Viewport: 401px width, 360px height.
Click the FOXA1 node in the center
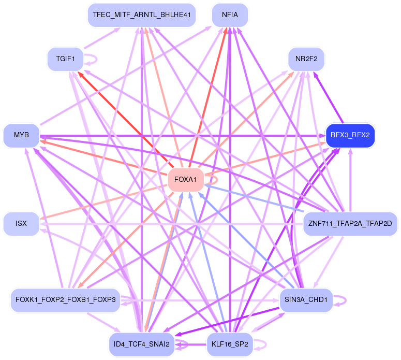pos(185,180)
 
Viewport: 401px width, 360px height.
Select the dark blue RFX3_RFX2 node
pos(350,136)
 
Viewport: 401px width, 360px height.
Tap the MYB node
pos(21,135)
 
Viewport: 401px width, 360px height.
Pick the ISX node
pos(21,224)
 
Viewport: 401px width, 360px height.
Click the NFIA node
pos(230,15)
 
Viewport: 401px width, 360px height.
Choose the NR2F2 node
pos(306,59)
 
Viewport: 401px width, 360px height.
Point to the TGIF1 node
pos(65,59)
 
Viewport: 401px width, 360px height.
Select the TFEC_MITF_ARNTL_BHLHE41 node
pos(141,15)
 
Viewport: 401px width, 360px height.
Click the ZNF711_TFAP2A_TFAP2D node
pos(350,224)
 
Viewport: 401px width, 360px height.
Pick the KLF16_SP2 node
pos(230,344)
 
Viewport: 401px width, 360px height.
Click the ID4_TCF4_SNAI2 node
pos(141,344)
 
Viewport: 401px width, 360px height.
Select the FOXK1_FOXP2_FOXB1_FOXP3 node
pos(65,300)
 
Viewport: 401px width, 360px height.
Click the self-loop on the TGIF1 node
pos(95,59)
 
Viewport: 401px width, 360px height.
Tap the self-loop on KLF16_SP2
pos(264,344)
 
